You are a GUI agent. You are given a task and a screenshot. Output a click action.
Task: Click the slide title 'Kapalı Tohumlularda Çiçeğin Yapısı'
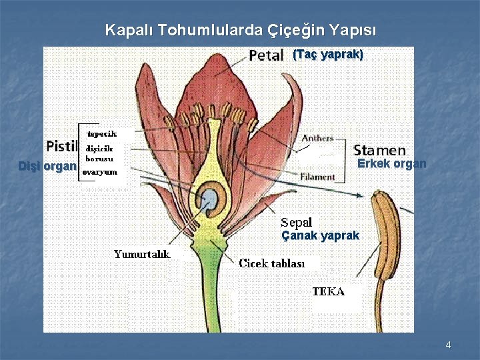pyautogui.click(x=241, y=31)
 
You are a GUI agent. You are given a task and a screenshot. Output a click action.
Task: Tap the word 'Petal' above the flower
pyautogui.click(x=267, y=55)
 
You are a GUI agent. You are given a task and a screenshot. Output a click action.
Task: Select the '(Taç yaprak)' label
pyautogui.click(x=328, y=55)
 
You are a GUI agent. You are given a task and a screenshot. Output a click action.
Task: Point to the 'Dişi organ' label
pyautogui.click(x=47, y=167)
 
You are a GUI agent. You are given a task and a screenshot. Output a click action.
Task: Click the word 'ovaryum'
pyautogui.click(x=99, y=172)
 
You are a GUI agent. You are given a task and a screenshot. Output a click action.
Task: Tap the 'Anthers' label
pyautogui.click(x=317, y=138)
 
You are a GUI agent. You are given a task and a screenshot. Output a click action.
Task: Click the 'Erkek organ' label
pyautogui.click(x=391, y=164)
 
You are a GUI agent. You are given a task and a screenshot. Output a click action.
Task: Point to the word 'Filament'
pyautogui.click(x=317, y=177)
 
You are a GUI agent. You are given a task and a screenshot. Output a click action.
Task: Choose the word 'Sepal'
pyautogui.click(x=296, y=223)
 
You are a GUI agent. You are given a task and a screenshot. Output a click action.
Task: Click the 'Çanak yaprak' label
pyautogui.click(x=320, y=236)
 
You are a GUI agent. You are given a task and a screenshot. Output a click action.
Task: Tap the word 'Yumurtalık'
pyautogui.click(x=141, y=254)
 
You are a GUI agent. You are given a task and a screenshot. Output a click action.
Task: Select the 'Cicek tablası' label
pyautogui.click(x=271, y=263)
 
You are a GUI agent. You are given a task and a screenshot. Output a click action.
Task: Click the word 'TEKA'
pyautogui.click(x=328, y=291)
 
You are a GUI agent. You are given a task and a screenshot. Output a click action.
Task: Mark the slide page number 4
pyautogui.click(x=448, y=345)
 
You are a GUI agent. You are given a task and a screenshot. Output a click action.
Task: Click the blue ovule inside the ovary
pyautogui.click(x=210, y=199)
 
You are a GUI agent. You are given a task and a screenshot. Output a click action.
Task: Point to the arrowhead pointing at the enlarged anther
pyautogui.click(x=361, y=195)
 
